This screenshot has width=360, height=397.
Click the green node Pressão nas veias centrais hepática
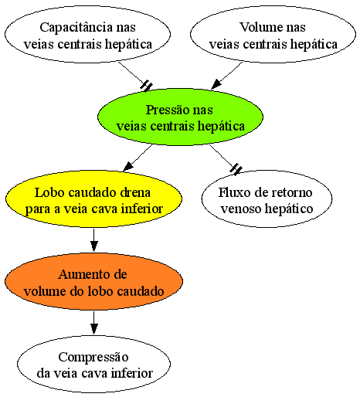point(180,117)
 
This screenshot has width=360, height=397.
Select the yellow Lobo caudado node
point(93,198)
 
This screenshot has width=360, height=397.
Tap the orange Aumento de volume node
point(93,281)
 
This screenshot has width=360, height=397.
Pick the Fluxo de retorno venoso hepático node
point(267,198)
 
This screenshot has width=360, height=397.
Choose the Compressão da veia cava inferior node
point(93,364)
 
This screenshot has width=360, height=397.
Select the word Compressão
point(93,358)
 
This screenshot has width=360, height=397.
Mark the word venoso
point(240,209)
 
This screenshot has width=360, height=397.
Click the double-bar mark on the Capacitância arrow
point(147,86)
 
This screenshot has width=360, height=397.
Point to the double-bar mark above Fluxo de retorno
point(236,169)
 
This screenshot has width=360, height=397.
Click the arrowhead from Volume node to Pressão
point(216,84)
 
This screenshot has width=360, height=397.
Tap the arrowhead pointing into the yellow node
point(128,167)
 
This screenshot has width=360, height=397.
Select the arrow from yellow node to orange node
point(94,240)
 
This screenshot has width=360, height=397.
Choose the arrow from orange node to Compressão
point(94,323)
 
